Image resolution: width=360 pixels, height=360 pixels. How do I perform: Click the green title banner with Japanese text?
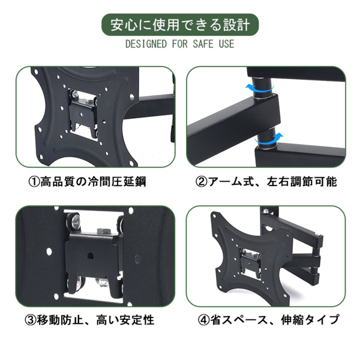click(180, 25)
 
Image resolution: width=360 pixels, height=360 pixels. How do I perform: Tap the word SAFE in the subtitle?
click(201, 45)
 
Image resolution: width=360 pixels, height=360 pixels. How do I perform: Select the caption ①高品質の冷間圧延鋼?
click(91, 181)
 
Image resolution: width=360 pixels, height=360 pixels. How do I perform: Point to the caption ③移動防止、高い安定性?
click(91, 320)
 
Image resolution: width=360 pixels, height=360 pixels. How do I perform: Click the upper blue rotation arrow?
click(262, 88)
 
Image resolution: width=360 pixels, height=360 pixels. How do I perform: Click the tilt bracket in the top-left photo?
click(83, 112)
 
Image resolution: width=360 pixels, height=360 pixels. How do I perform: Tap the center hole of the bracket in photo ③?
click(91, 256)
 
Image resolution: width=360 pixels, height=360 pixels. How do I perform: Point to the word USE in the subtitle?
click(226, 45)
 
